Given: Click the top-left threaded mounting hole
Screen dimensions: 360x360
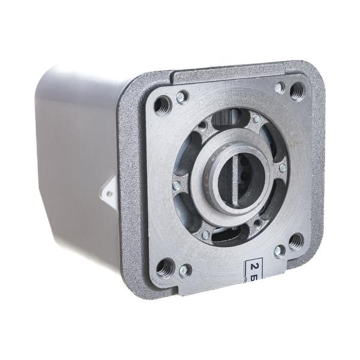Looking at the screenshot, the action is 163,106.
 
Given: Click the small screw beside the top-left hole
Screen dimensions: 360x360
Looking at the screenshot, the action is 182,97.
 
